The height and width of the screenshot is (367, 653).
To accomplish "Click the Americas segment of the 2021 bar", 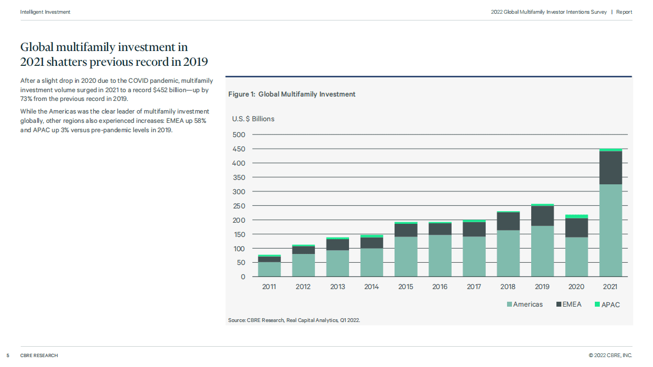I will [x=610, y=230].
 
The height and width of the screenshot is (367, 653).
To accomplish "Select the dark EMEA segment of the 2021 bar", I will [x=610, y=167].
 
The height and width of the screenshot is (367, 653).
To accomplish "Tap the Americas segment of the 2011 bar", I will [x=269, y=269].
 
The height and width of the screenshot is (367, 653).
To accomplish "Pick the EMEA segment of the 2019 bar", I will [x=542, y=216].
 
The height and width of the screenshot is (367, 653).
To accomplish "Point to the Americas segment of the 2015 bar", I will [x=406, y=256].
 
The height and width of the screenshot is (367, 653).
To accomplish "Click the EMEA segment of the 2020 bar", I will [x=576, y=228].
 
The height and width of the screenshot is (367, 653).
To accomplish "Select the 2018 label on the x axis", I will [x=508, y=287].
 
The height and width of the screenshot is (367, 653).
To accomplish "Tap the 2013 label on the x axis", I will [x=337, y=287].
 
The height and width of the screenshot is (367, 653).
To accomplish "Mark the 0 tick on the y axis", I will [x=243, y=277].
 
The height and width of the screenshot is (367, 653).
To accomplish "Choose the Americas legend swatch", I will [x=509, y=304].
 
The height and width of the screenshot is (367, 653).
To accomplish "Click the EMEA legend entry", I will [x=567, y=304].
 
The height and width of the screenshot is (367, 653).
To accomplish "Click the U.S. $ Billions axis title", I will [x=253, y=119].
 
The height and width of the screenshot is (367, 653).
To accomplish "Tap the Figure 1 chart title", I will [x=291, y=94].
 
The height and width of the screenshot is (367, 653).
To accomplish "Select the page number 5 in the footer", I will [x=8, y=355].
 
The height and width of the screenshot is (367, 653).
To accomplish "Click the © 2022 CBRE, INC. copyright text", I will [x=610, y=355].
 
